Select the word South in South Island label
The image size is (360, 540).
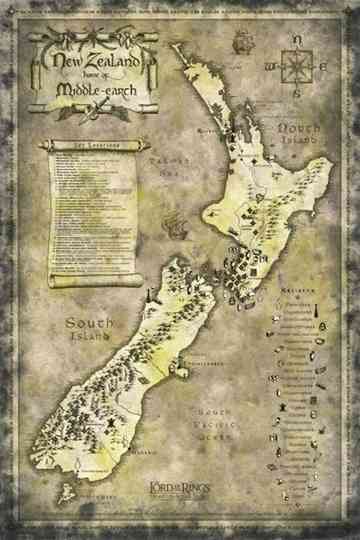pos(88,322)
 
